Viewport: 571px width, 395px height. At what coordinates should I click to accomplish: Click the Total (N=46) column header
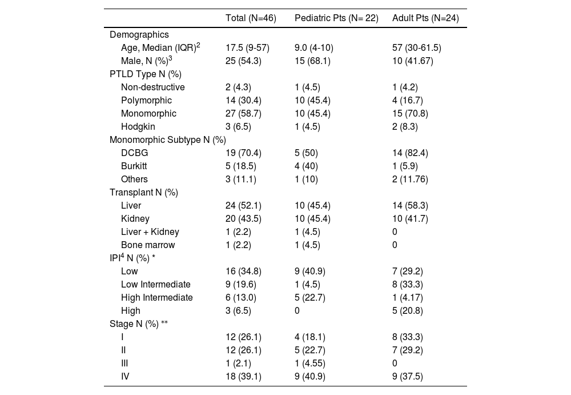251,18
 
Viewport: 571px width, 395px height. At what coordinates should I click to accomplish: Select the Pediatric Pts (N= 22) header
336,18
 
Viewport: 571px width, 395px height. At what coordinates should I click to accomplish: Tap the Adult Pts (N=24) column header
425,18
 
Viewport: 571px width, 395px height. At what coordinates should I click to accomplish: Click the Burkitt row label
134,166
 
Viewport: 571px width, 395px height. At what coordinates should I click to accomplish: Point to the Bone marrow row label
148,245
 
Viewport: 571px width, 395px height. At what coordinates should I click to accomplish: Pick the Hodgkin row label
138,127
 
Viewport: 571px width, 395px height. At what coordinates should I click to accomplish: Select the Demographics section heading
139,35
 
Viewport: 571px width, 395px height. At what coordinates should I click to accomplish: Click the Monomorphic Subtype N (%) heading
168,140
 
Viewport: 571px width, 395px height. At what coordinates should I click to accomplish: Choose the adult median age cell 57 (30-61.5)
416,48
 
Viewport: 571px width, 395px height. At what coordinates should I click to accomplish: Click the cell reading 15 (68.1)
312,61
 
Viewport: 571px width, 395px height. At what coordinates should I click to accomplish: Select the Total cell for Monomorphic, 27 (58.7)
243,114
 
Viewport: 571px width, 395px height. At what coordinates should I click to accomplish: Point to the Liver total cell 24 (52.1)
243,206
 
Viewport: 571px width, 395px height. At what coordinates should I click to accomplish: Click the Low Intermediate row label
156,285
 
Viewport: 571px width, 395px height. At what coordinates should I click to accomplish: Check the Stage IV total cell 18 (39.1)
243,377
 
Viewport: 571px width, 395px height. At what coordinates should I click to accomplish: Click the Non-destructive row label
153,87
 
